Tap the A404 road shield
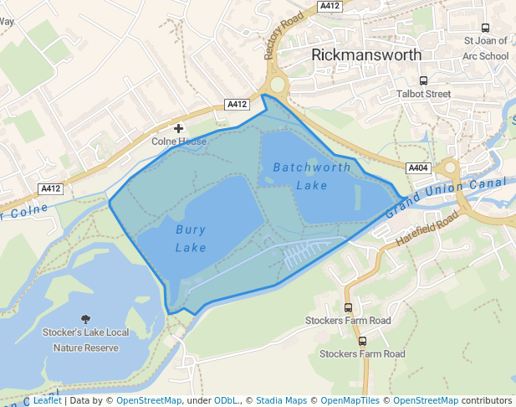pos(419,167)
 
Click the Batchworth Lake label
pos(312,176)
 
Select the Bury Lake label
pos(191,238)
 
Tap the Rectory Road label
pos(283,36)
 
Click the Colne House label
pos(179,142)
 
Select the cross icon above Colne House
pos(178,127)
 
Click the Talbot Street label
pos(424,94)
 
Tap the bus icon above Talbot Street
pos(423,80)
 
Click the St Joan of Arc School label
pos(486,48)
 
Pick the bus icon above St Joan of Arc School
pos(486,27)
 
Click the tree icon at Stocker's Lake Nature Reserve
pos(85,318)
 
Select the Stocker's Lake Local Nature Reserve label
pos(85,340)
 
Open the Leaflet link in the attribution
pos(47,400)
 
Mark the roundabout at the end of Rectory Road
pos(277,85)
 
